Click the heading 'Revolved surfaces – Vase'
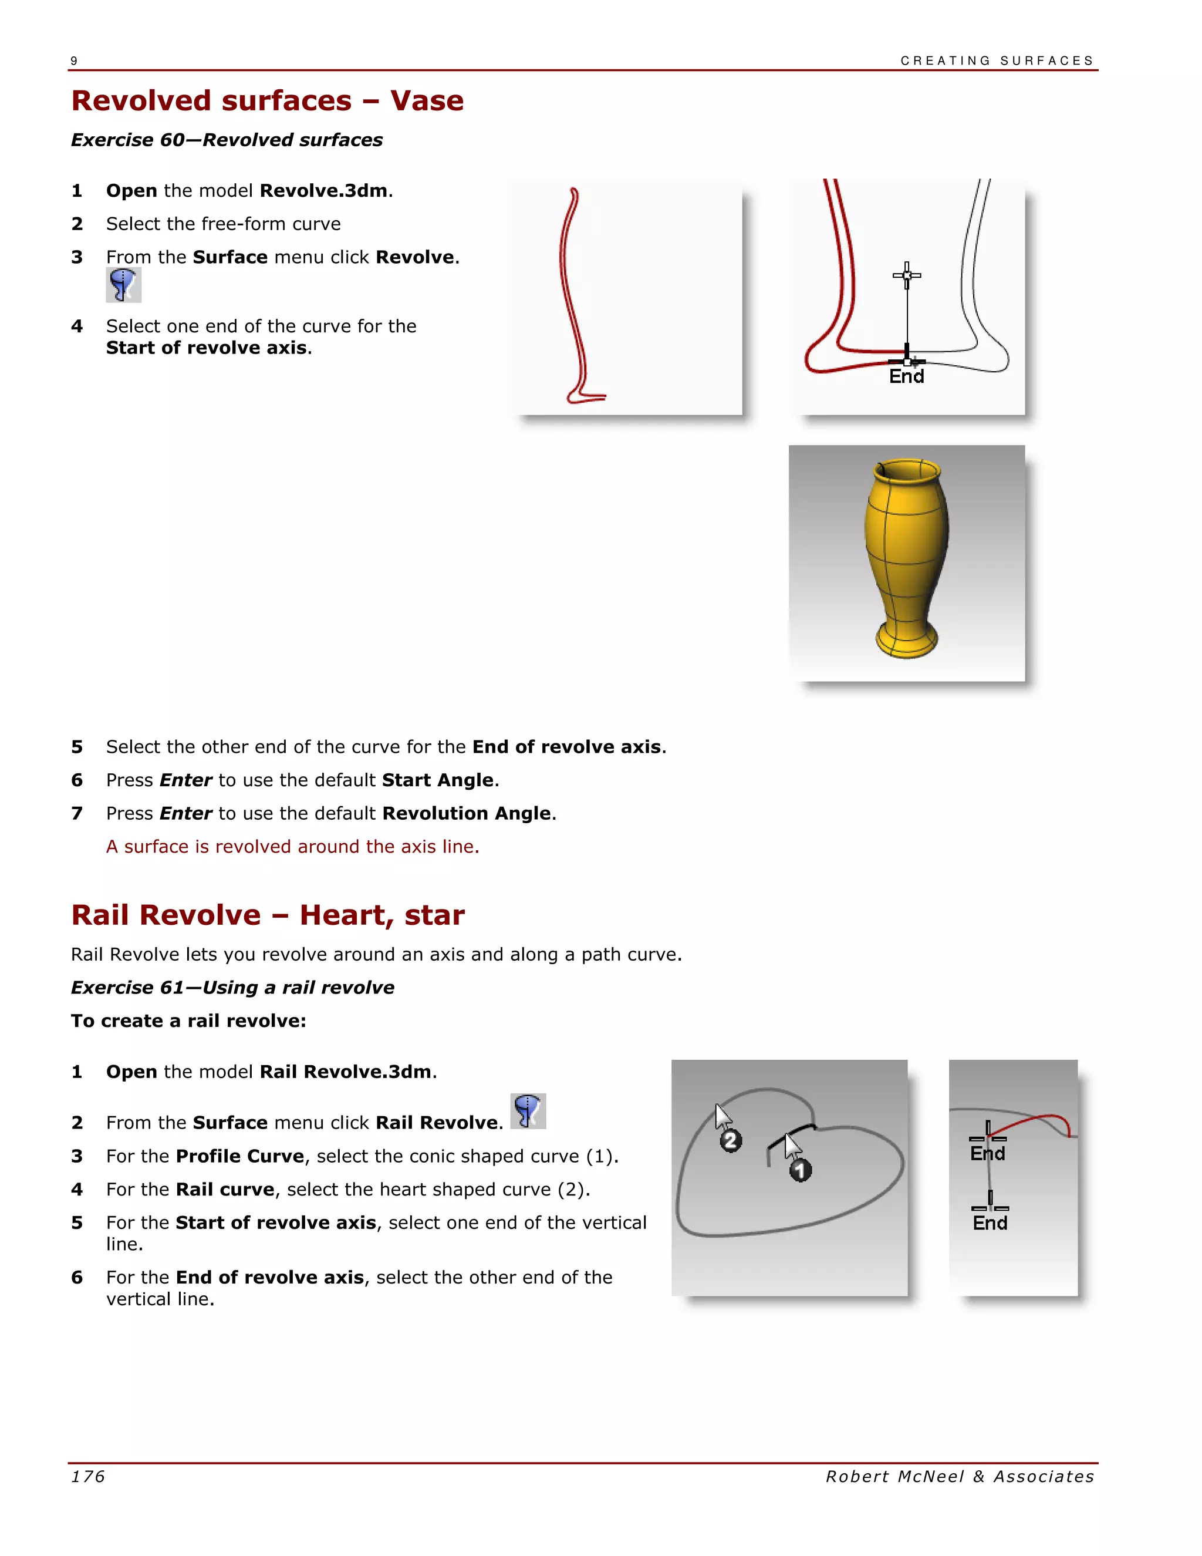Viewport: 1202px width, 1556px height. [x=267, y=100]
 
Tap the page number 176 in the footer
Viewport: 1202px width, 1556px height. [x=88, y=1476]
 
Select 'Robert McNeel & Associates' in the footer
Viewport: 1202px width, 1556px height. [x=959, y=1476]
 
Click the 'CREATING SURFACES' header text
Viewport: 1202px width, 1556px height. [x=996, y=60]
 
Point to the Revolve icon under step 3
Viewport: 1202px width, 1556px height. [x=123, y=285]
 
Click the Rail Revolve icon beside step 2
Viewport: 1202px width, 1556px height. [x=528, y=1111]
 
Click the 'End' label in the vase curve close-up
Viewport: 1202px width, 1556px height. [x=906, y=376]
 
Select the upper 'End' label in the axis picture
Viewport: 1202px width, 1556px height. [x=988, y=1153]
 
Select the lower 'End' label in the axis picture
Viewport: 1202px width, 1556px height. [x=990, y=1222]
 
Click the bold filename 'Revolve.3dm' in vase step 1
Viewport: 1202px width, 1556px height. [x=323, y=191]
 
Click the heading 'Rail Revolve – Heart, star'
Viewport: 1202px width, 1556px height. [x=267, y=915]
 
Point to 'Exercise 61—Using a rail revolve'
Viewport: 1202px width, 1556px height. [x=232, y=988]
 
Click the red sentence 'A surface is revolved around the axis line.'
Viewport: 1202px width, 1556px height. [x=293, y=846]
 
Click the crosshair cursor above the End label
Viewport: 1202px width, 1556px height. [x=906, y=275]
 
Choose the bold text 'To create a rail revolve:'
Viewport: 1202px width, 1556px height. [x=188, y=1021]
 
